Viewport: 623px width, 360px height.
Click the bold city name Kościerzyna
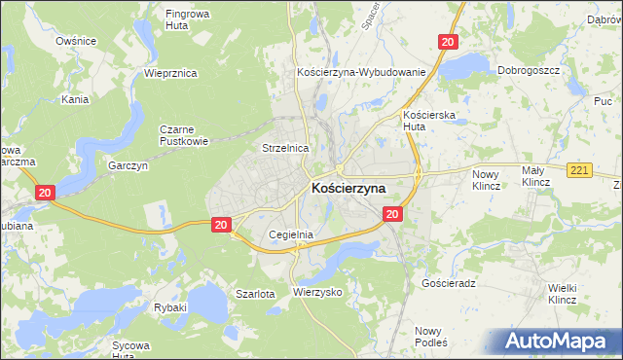pos(348,188)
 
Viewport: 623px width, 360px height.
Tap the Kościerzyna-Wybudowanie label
pos(361,73)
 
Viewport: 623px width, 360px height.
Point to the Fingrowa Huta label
pos(190,20)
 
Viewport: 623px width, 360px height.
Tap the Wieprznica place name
pos(170,73)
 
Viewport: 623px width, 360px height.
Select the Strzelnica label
pos(285,148)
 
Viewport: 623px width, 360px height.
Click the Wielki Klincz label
pos(564,293)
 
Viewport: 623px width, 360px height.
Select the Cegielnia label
pos(290,234)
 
